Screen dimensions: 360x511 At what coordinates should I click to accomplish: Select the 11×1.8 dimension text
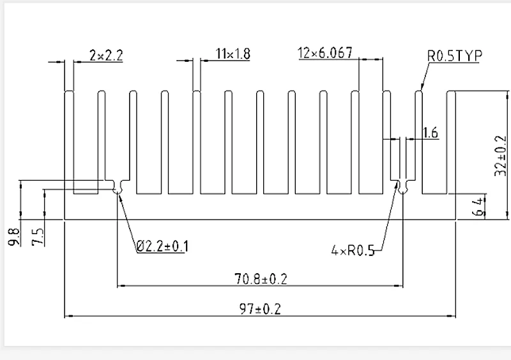233,54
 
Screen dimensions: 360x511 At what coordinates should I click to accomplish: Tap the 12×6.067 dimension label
325,53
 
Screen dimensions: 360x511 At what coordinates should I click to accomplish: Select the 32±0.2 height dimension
500,154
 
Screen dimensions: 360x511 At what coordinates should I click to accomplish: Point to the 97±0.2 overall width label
259,309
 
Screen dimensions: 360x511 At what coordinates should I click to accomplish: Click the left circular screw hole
117,189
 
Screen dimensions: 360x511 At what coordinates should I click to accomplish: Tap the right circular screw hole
403,189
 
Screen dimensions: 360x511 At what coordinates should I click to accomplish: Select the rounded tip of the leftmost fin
70,93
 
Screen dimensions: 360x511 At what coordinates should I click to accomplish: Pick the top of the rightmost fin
450,91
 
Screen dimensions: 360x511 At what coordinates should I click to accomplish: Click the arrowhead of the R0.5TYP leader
420,87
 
